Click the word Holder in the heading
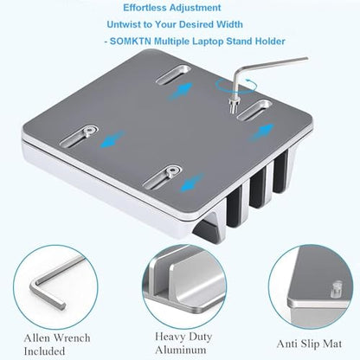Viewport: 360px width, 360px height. (x=270, y=41)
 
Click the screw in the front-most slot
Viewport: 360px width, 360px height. (x=172, y=172)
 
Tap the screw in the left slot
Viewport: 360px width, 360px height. (x=87, y=132)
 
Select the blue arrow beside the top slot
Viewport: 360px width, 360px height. (x=180, y=92)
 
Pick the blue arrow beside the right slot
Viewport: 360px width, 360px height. (x=261, y=132)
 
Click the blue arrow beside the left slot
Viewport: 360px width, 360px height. (x=112, y=139)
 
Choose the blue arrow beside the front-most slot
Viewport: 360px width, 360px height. (x=192, y=183)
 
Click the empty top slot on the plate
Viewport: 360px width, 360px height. (x=174, y=74)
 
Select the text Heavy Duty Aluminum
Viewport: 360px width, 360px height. (x=183, y=343)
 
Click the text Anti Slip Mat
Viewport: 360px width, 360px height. (x=309, y=344)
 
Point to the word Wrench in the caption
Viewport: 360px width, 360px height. (x=73, y=337)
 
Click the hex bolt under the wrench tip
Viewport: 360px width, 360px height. (x=233, y=105)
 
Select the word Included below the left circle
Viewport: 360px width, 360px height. (x=44, y=351)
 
